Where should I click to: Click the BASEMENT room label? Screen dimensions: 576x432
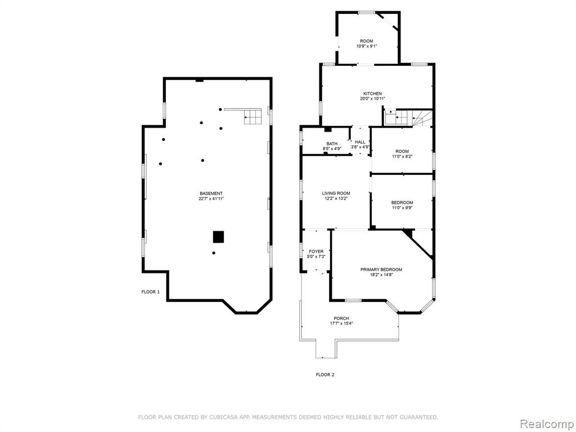click(211, 193)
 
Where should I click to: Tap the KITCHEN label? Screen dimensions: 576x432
click(372, 94)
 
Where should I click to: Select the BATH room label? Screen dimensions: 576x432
click(332, 143)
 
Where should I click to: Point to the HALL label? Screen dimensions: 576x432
click(360, 142)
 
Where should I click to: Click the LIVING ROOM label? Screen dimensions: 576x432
click(336, 193)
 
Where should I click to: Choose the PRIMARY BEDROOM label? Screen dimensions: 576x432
click(381, 269)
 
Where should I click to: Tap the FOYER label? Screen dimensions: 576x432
click(316, 251)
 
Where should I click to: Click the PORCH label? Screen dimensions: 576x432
click(341, 318)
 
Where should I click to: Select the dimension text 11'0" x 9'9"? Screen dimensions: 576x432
click(402, 208)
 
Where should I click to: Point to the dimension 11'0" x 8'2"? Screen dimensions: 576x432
click(402, 156)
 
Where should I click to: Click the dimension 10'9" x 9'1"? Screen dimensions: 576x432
click(367, 46)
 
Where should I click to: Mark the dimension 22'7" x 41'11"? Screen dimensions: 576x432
click(211, 199)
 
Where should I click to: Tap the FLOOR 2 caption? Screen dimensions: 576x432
click(325, 375)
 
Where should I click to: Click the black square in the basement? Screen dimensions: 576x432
click(219, 237)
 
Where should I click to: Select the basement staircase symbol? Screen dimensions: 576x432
click(253, 117)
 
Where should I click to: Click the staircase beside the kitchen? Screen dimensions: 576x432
click(408, 118)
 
